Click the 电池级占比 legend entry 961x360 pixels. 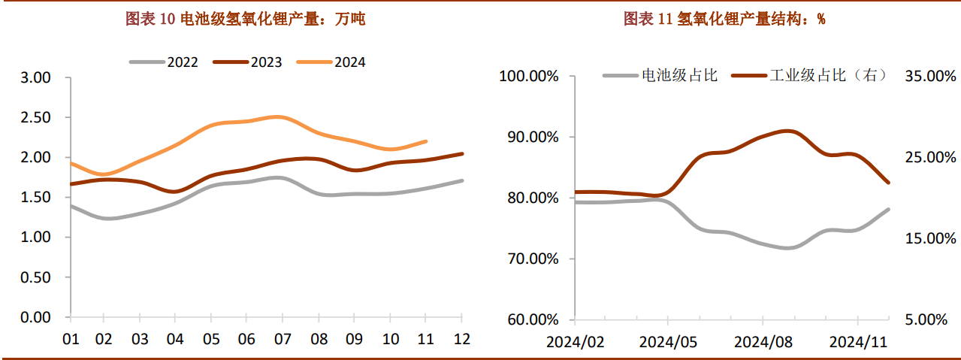661,75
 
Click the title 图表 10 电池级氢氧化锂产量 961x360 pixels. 245,20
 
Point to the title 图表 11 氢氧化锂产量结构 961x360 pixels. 724,20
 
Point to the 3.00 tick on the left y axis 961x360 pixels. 35,77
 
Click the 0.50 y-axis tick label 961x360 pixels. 35,277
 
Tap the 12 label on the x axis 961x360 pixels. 462,339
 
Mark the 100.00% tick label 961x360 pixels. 530,77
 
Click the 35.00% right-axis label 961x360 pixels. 930,77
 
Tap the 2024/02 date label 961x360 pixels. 575,342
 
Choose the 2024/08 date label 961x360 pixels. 763,342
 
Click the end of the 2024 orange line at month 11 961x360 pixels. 426,141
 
